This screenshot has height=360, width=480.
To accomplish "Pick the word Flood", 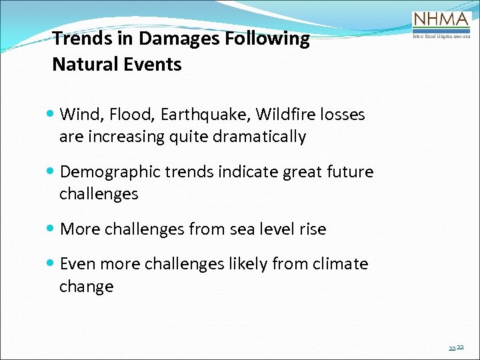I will click(131, 115).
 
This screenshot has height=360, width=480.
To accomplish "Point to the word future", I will click(350, 172).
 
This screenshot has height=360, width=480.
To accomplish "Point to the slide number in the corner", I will click(457, 348).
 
